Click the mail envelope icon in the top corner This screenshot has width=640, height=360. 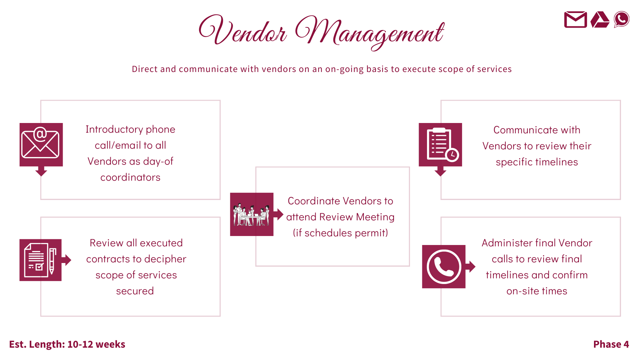(x=575, y=20)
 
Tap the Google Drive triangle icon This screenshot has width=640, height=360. (x=600, y=20)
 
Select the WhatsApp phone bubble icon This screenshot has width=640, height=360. (x=621, y=19)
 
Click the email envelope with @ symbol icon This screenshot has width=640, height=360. (x=41, y=144)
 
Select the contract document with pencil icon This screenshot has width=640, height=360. (x=40, y=260)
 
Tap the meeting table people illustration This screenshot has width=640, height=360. (x=251, y=214)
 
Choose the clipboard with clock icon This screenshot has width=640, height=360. (x=440, y=144)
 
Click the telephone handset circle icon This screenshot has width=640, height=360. (x=444, y=267)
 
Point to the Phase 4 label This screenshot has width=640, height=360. (x=611, y=344)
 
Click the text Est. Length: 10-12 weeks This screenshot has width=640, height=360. (x=67, y=344)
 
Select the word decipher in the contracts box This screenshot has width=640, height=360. (x=165, y=259)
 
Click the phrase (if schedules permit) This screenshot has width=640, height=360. (x=340, y=233)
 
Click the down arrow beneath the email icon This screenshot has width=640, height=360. (x=41, y=172)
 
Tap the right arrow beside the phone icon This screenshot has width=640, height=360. (x=472, y=266)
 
